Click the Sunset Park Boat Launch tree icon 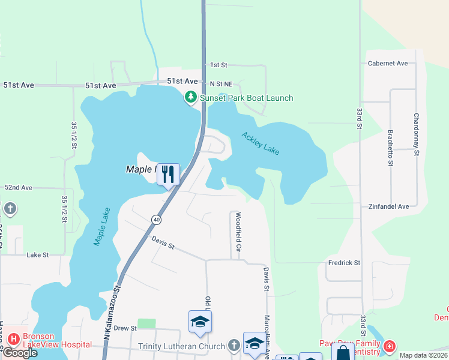point(191,98)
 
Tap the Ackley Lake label point(261,143)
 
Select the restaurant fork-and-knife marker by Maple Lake point(168,174)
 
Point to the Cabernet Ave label point(388,63)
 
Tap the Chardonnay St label point(416,135)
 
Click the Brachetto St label point(390,147)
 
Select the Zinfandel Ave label point(389,206)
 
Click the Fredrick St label point(344,263)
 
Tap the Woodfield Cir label point(238,231)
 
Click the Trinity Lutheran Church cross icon point(234,346)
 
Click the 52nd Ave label point(19,188)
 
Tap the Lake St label point(37,255)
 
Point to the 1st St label point(218,65)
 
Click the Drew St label point(125,328)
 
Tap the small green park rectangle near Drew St point(146,324)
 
